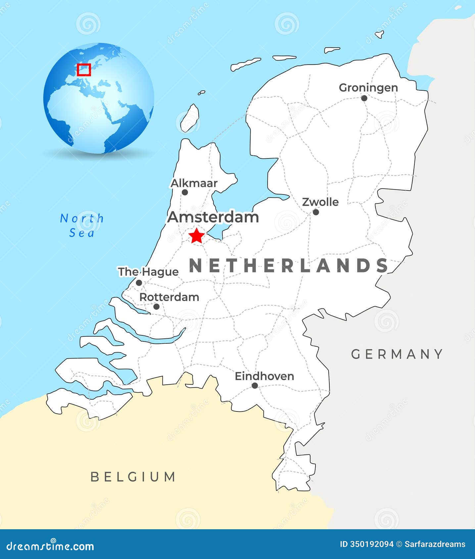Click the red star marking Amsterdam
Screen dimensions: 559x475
coord(197,236)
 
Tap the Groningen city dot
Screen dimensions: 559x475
coord(364,98)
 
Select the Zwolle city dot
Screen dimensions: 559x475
coord(316,212)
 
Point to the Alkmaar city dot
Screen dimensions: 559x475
coord(185,192)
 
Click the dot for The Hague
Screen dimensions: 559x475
coord(139,283)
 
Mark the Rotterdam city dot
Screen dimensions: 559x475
coord(157,307)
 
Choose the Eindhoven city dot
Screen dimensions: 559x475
coord(255,385)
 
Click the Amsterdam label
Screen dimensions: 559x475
coord(213,217)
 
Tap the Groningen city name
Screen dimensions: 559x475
coord(368,88)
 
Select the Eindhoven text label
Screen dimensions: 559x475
coord(264,376)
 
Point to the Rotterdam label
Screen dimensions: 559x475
coord(169,297)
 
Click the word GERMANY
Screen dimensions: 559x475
coord(397,354)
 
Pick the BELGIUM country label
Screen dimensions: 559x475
coord(133,477)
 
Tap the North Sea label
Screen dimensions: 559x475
coord(82,226)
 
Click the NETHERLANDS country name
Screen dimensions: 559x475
coord(289,266)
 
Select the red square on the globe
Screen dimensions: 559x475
coord(84,70)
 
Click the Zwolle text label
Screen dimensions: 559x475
coord(320,202)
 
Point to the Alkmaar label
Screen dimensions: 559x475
coord(194,183)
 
